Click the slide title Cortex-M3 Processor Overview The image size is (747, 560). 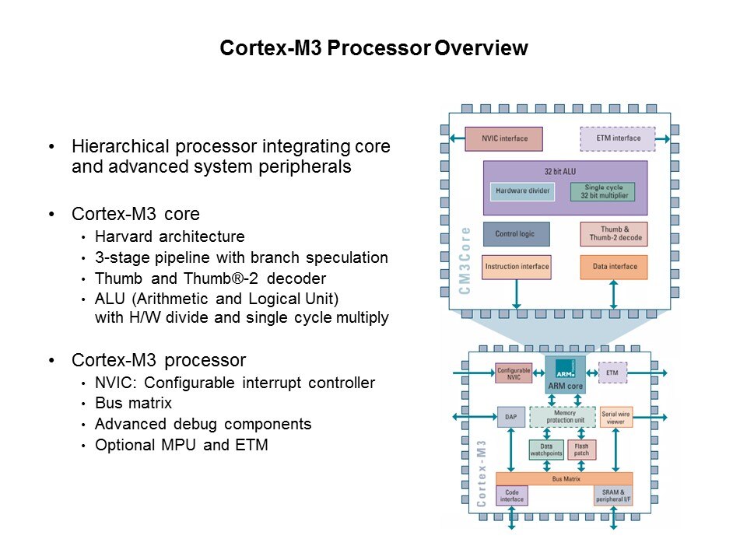[x=373, y=49]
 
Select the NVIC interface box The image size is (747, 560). [x=503, y=138]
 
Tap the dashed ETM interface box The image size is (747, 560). [x=617, y=138]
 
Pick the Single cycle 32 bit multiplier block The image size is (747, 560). [x=602, y=191]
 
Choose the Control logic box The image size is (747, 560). [x=515, y=234]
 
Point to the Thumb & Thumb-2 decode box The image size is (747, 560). [x=613, y=234]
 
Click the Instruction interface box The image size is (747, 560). [x=516, y=267]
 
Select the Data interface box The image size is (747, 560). [x=613, y=267]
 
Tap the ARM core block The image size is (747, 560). [x=565, y=374]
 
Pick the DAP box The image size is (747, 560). [x=510, y=416]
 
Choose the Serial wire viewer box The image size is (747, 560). [x=615, y=417]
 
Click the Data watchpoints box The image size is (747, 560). [x=545, y=450]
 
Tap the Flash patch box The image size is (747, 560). [x=581, y=450]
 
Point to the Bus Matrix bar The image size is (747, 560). [x=563, y=478]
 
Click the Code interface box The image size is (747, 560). [x=511, y=495]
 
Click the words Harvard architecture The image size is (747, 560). [x=170, y=236]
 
